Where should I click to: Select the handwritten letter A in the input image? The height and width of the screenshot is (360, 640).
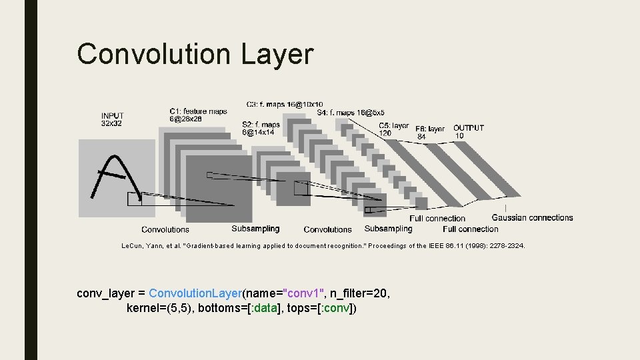point(113,177)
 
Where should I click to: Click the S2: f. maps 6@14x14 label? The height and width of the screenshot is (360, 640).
point(260,128)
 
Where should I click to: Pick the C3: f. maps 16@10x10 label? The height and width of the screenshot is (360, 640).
point(284,104)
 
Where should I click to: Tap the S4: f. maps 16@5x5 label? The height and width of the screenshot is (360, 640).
point(351,113)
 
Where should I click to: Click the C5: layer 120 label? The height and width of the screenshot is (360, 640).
point(393,129)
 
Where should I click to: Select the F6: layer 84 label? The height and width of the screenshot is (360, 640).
point(429,132)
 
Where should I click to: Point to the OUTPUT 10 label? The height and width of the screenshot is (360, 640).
point(468,131)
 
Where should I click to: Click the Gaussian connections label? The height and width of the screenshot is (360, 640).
point(532,217)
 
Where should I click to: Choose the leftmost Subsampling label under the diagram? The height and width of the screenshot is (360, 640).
point(255,229)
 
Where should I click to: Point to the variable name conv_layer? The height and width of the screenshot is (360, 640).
point(105,293)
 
